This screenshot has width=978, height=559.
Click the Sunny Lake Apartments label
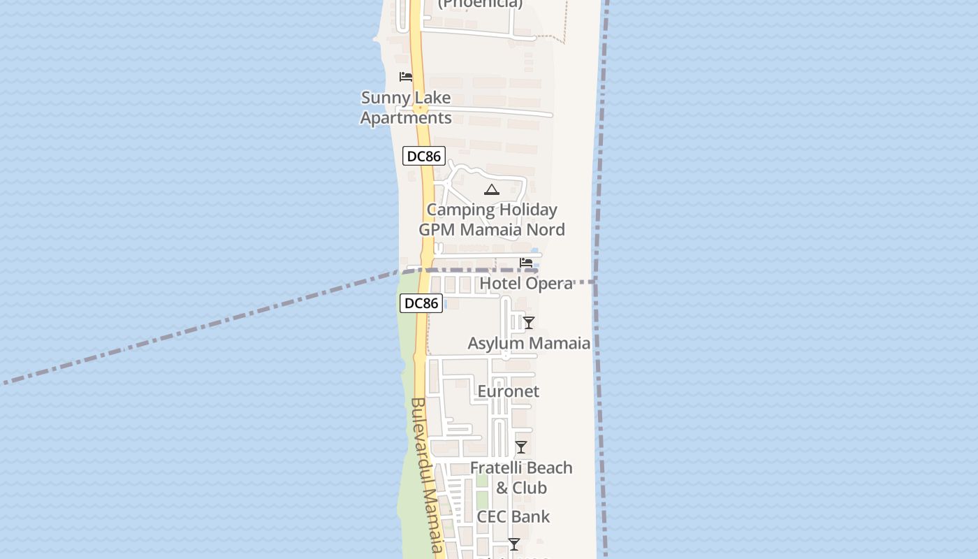(x=406, y=108)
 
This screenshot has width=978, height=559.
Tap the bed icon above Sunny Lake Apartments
(x=405, y=77)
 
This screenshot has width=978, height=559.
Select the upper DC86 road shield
(x=423, y=156)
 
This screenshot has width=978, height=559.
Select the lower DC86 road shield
(x=421, y=303)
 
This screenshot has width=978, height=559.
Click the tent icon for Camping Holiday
(x=492, y=189)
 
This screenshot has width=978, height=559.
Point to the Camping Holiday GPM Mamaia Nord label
(x=492, y=219)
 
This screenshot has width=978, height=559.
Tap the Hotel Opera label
(x=526, y=283)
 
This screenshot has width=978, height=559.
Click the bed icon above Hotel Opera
(x=526, y=263)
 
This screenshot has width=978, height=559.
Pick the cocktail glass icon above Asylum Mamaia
(x=529, y=323)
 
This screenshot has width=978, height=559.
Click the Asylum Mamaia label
(x=529, y=343)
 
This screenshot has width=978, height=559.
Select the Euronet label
(x=508, y=391)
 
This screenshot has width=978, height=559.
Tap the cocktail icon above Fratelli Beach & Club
(x=521, y=447)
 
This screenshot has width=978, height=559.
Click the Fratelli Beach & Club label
(x=521, y=477)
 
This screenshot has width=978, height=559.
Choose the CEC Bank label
(x=513, y=516)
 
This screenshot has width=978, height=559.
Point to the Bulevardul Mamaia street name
(x=428, y=475)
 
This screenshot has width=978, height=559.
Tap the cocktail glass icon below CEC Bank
(x=514, y=544)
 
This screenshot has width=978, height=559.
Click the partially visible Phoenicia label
(x=480, y=3)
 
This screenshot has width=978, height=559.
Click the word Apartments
(x=406, y=117)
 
